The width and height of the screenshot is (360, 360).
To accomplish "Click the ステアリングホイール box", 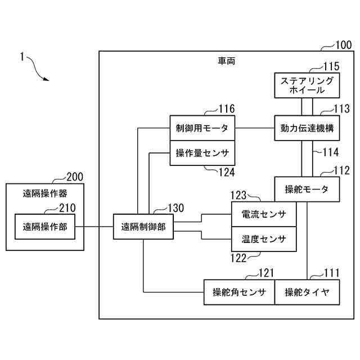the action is click(x=307, y=85).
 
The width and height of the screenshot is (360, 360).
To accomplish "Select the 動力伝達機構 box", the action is click(x=307, y=128).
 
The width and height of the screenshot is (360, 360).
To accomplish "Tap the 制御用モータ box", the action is click(x=202, y=128).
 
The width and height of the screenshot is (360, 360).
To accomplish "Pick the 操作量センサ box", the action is click(x=202, y=153).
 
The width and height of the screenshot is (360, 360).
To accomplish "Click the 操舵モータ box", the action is click(x=307, y=189).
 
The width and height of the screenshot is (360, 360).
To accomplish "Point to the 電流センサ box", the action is click(x=264, y=214).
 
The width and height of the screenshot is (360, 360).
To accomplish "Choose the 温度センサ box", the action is click(x=264, y=239).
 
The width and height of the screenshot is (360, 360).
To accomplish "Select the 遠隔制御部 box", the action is click(x=143, y=227).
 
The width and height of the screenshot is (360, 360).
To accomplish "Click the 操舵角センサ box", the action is click(x=239, y=292).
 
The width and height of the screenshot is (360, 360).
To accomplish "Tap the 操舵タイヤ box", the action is click(x=307, y=292).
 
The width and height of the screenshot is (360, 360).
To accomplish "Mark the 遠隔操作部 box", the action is click(x=45, y=227).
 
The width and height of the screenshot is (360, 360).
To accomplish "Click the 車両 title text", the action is click(x=226, y=61).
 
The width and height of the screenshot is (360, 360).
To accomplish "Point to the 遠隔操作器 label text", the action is click(x=45, y=193).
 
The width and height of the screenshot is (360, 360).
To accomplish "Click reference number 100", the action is click(x=344, y=45).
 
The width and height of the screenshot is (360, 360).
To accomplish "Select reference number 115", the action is click(x=331, y=66).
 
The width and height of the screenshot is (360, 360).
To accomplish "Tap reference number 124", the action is click(x=227, y=172).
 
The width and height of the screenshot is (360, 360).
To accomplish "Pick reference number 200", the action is click(x=75, y=177).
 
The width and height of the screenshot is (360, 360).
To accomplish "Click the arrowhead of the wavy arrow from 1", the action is click(x=47, y=79).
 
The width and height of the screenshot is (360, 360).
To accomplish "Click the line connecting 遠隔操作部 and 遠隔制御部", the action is click(x=94, y=227).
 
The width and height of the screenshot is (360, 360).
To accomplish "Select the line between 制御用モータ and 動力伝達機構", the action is click(x=255, y=128).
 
